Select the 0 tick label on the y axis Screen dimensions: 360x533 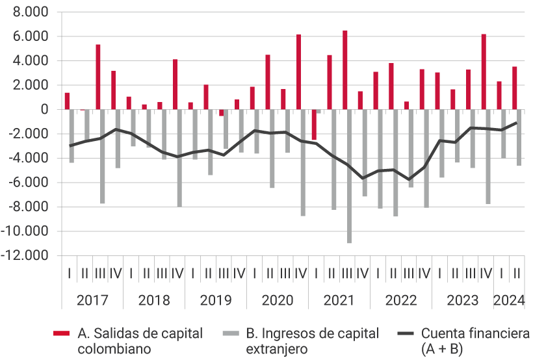point(45,110)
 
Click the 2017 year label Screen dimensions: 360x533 point(92,300)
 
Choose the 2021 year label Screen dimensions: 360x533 point(339,300)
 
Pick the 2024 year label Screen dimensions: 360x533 point(509,300)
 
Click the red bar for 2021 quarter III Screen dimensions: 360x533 point(344,70)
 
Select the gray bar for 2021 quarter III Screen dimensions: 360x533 point(349,175)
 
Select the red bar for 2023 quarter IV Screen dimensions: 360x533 point(484,71)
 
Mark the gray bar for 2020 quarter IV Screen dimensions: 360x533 point(303,162)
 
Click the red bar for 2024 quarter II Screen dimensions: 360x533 point(514,88)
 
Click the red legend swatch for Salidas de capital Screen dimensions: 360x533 point(61,333)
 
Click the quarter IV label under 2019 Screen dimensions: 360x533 point(239,272)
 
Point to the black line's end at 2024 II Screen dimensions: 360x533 point(517,122)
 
